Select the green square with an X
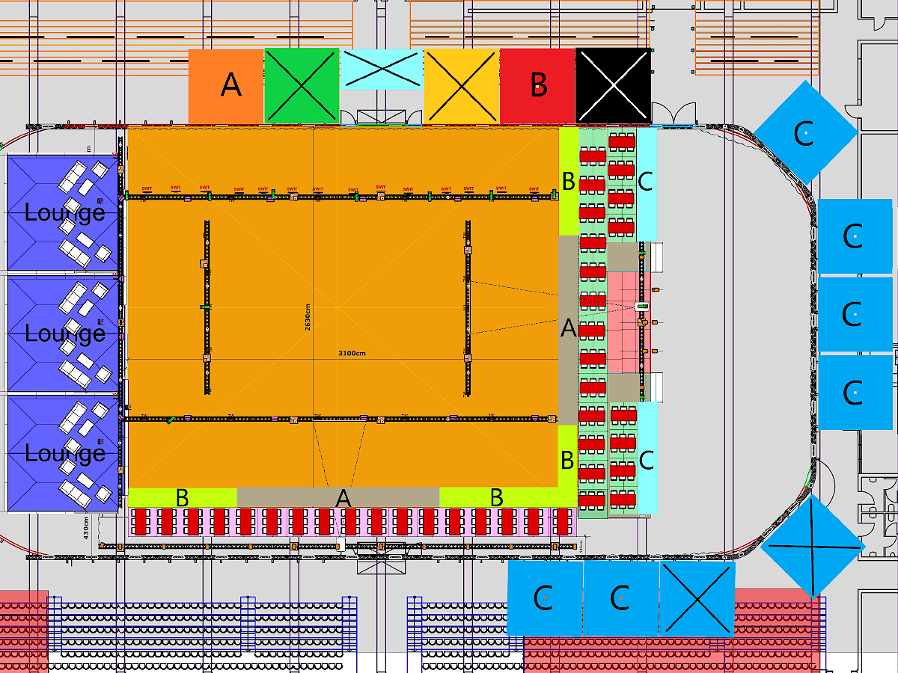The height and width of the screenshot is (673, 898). [302, 85]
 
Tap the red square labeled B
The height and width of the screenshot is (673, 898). [537, 86]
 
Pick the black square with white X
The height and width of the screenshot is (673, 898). [613, 85]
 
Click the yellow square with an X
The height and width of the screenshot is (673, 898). [462, 85]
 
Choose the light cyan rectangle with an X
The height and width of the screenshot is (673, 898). [382, 69]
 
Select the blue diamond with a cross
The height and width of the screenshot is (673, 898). [813, 546]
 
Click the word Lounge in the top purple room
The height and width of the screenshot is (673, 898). [64, 213]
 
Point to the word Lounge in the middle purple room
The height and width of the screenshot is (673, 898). [64, 334]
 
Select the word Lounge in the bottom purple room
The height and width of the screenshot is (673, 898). [64, 454]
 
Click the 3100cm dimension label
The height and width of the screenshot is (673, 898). [352, 353]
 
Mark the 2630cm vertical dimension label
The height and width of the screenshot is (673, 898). [308, 317]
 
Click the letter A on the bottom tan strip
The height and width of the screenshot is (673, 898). [343, 498]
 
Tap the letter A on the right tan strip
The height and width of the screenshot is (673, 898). [569, 328]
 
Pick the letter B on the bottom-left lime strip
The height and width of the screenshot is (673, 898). [182, 497]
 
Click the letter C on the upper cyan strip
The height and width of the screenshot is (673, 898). [646, 181]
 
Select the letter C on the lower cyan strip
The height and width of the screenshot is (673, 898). [646, 460]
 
